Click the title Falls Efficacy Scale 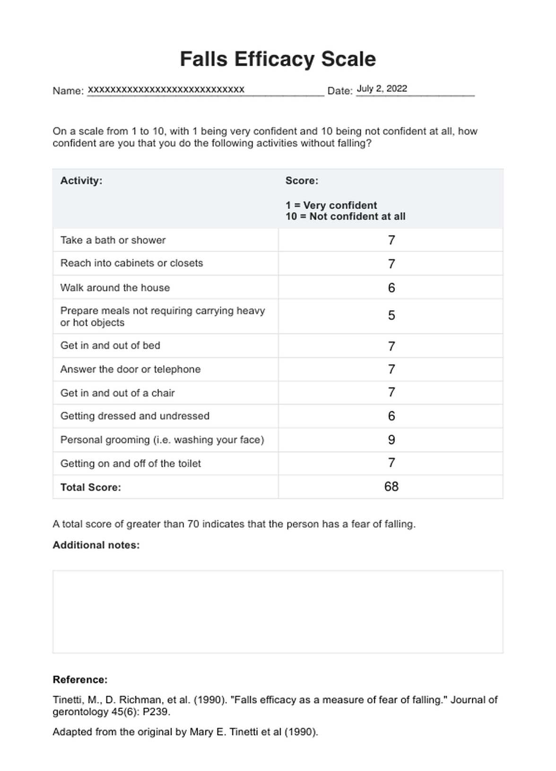278,60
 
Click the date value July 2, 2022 382,88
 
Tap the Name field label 68,91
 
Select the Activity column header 81,181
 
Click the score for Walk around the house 391,288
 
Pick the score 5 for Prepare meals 391,315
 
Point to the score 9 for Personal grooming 391,440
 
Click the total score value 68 391,487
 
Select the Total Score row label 90,487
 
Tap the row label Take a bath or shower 113,240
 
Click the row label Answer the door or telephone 130,369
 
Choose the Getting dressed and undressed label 135,416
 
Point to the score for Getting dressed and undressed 391,416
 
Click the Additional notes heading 96,545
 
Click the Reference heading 80,680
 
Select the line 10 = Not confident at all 345,217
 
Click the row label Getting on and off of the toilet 130,464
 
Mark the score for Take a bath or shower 391,240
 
